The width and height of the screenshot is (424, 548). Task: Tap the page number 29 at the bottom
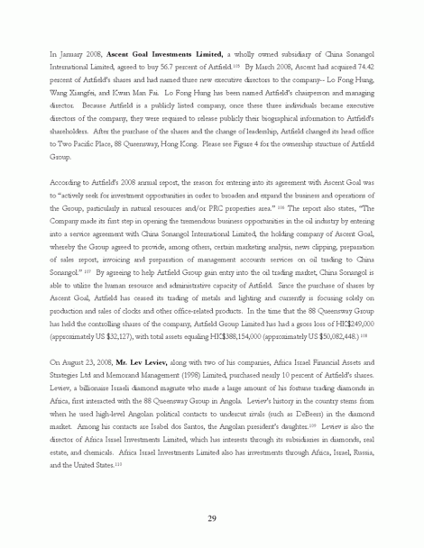tap(211, 517)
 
